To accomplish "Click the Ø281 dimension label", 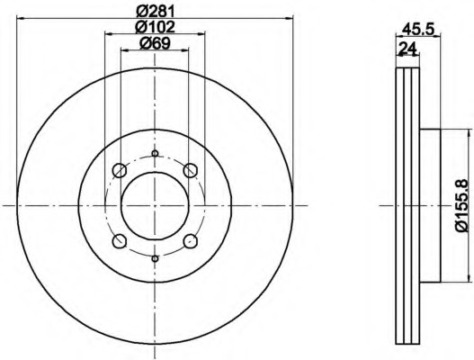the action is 155,11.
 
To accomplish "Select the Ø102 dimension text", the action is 155,27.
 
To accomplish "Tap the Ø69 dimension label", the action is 155,43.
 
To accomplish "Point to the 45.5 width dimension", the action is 418,30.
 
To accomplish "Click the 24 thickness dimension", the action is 407,49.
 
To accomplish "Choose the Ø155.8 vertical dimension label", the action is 463,205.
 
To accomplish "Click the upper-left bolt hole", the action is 119,170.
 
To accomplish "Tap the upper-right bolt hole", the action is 191,170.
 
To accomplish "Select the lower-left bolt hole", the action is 119,241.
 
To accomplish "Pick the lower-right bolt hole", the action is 191,241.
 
